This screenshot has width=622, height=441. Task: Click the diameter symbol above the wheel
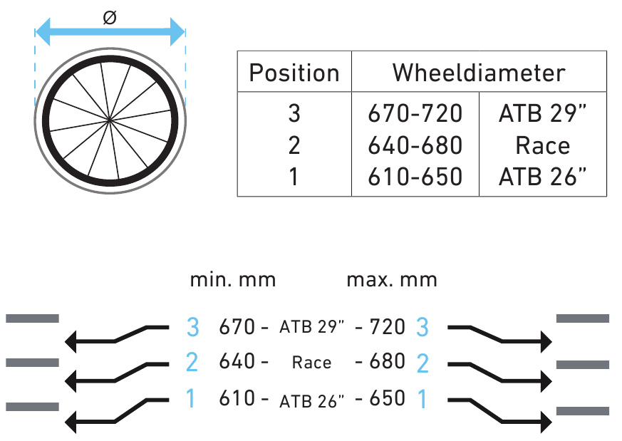pos(109,18)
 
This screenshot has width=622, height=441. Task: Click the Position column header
pos(294,73)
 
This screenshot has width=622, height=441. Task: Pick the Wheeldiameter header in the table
pos(479,73)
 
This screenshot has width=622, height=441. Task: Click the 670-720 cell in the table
pos(415,113)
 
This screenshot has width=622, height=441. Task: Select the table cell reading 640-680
pos(415,145)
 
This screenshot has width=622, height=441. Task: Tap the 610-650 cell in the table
pos(415,177)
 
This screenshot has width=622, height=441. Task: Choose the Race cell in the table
pos(543,145)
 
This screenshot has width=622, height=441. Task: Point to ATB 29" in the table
pos(543,113)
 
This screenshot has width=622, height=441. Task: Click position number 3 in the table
pos(294,113)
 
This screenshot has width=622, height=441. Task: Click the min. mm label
pos(232,279)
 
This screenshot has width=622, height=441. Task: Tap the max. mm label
pos(391,279)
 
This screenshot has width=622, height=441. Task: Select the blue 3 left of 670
pos(192,327)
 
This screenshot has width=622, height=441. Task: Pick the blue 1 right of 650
pos(422,399)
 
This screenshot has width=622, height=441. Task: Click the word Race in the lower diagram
pos(311,363)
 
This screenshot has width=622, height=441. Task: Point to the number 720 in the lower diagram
pos(389,327)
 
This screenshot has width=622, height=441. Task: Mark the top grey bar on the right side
pos(582,318)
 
